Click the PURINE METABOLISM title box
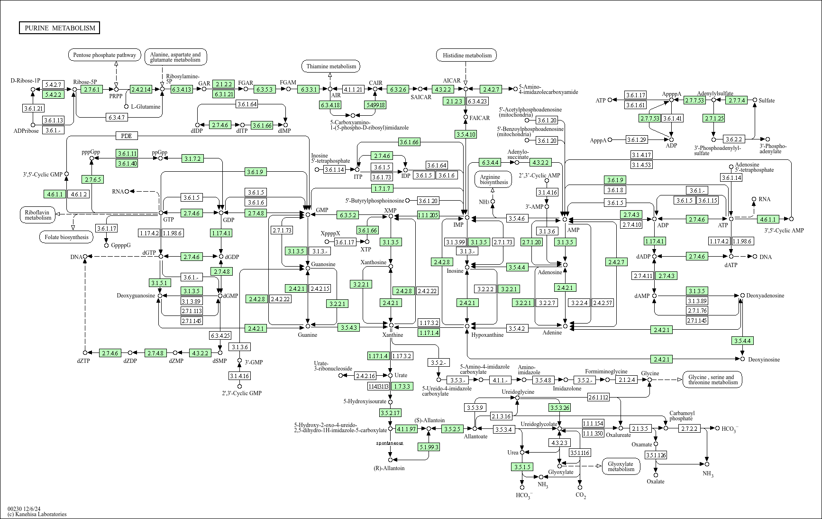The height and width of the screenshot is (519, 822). tap(59, 28)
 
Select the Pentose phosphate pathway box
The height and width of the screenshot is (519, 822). tap(105, 55)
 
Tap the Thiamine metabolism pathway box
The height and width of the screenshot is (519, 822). tap(331, 66)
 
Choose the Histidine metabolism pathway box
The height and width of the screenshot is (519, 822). tap(466, 56)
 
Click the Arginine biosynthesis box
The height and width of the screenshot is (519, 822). tap(493, 179)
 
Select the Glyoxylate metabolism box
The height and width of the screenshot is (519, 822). tap(621, 466)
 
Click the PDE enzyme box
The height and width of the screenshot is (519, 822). tap(126, 136)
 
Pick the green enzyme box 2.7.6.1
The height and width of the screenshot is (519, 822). tap(91, 89)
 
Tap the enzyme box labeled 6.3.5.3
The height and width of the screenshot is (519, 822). tap(265, 89)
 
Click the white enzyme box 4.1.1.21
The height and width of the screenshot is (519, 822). tap(353, 89)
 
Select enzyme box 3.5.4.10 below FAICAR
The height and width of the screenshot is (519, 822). tap(466, 135)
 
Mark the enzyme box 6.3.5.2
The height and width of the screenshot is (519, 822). tap(347, 215)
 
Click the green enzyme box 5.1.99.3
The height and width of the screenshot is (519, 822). tap(429, 447)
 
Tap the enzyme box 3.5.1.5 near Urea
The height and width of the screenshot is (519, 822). tap(522, 467)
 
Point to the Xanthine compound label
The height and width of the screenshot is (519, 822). tap(393, 335)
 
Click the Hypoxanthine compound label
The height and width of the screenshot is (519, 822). tap(487, 335)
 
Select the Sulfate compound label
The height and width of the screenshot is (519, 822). tap(767, 101)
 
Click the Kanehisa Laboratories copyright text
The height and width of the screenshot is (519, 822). tap(37, 514)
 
